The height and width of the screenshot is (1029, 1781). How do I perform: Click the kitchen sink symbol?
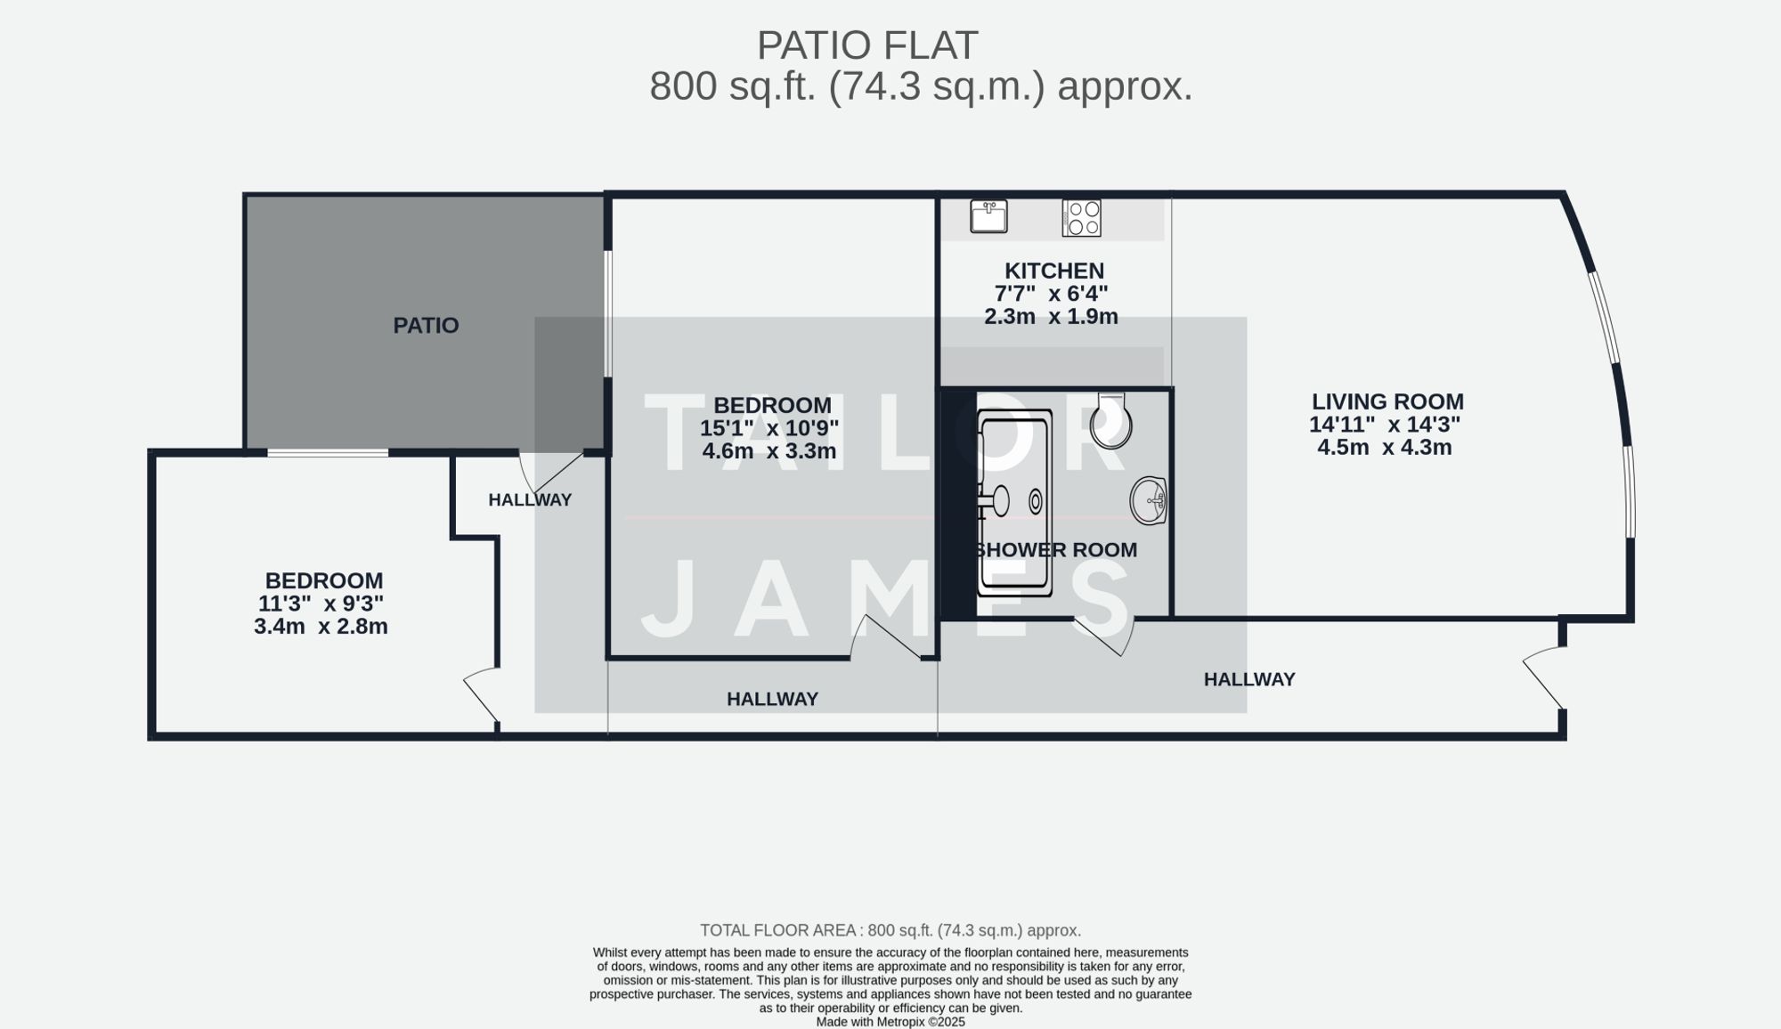coord(988,216)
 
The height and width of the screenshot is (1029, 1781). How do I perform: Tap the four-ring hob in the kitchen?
coord(1082,218)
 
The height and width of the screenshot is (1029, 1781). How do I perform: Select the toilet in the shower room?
coord(1111,422)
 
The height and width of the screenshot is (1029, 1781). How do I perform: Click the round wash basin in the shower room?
coord(1149,500)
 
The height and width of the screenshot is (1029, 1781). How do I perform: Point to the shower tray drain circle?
coord(1036,501)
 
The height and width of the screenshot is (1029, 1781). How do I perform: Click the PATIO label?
coord(426,326)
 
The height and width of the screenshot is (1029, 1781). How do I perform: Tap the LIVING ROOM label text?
coord(1387,402)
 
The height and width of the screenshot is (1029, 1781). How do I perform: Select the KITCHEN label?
coord(1054,271)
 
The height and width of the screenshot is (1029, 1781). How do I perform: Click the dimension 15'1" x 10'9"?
coord(769,428)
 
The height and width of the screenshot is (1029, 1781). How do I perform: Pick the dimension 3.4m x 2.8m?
coord(321,627)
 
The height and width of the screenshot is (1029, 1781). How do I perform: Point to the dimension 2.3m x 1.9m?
coord(1051,317)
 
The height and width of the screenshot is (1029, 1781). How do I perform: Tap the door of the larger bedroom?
coord(886,636)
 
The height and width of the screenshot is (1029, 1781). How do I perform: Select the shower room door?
coord(1104,636)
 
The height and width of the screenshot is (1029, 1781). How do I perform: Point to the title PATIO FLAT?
coord(867,45)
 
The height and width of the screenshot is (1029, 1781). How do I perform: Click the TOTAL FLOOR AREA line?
coord(890,931)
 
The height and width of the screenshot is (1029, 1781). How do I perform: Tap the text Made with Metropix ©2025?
coord(890,1022)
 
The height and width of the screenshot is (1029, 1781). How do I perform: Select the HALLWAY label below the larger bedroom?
coord(772,700)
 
